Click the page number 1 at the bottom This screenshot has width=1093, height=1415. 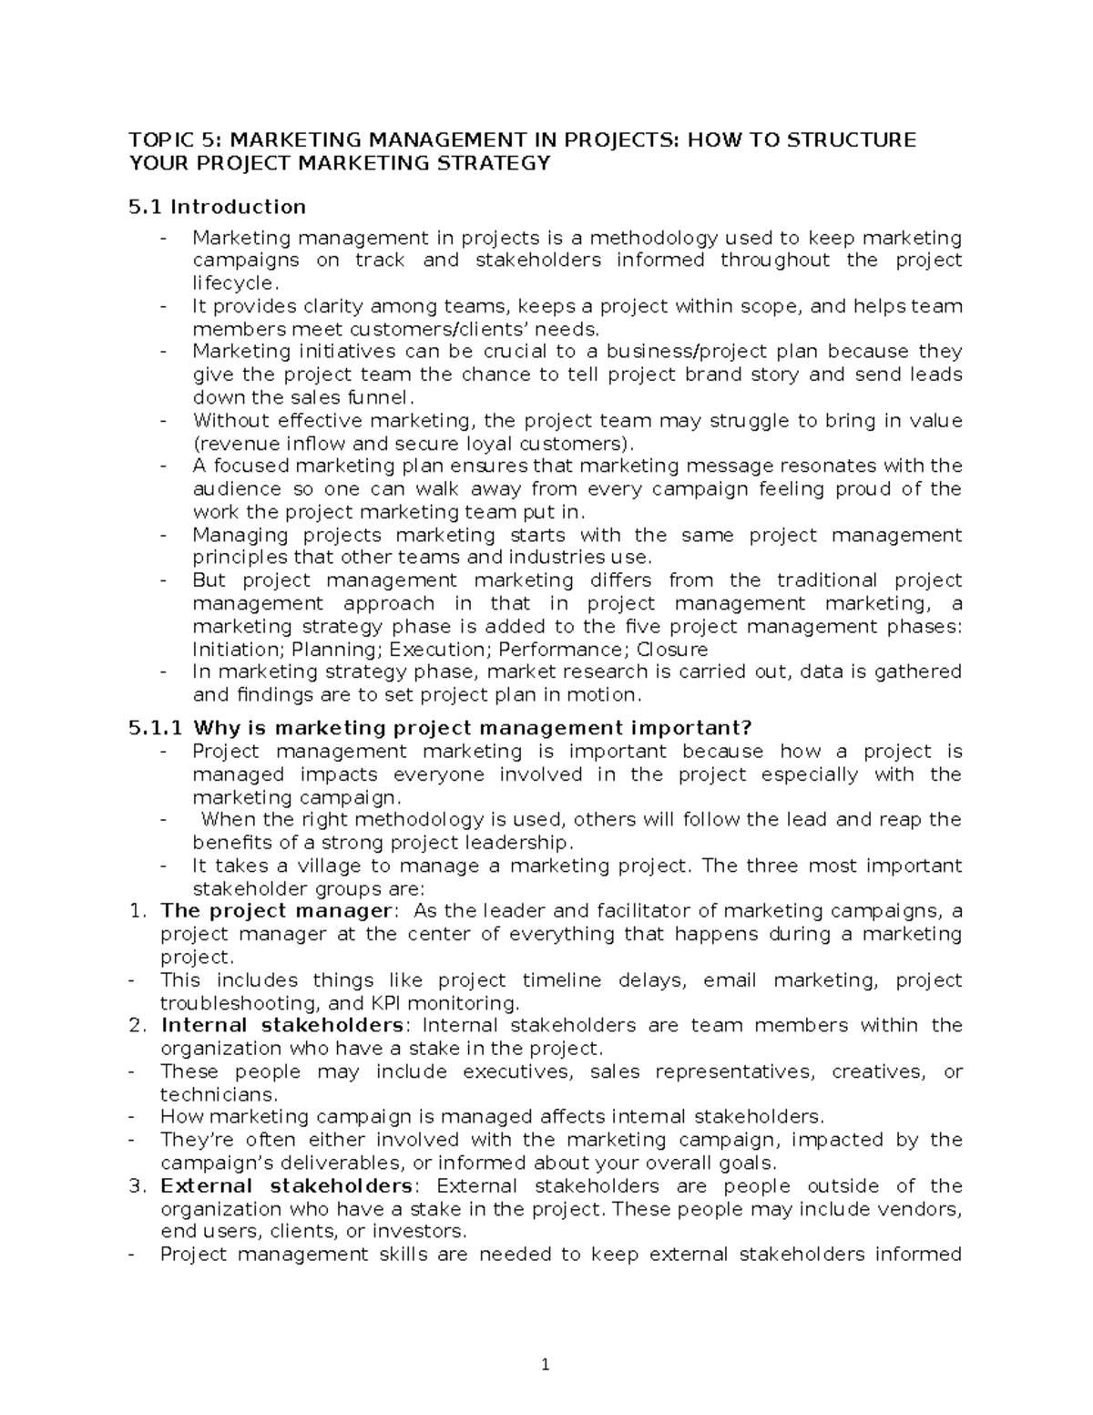545,1365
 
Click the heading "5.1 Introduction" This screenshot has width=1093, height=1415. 218,207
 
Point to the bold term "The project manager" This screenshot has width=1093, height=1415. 276,911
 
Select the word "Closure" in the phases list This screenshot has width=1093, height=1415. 671,650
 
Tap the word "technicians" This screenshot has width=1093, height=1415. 217,1094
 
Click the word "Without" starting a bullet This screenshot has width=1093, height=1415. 230,421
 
